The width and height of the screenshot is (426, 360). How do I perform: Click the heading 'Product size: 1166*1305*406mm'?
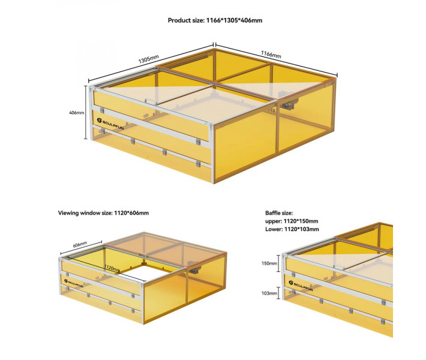[215, 20]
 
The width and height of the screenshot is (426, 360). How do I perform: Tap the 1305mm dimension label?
[148, 59]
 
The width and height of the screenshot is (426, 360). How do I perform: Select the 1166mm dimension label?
[271, 55]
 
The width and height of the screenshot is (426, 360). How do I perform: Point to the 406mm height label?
[77, 112]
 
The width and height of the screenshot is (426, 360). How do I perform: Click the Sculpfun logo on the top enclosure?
[110, 124]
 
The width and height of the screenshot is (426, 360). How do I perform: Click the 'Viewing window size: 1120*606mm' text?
[103, 213]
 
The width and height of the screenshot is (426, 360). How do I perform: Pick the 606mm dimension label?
[80, 244]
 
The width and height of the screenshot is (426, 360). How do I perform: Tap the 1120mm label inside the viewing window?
[112, 268]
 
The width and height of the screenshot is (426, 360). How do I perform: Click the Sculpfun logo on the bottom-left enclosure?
[74, 283]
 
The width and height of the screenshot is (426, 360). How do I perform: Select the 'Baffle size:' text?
[279, 213]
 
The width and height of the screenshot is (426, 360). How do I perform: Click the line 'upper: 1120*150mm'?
[292, 221]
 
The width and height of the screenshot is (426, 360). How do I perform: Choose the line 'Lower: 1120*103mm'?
[292, 229]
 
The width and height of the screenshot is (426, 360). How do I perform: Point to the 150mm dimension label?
[269, 263]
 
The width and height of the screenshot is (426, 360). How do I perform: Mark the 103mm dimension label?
[269, 293]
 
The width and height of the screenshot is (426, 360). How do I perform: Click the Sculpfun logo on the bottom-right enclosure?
[301, 286]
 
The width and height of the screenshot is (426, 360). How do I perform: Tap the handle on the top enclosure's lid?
[151, 101]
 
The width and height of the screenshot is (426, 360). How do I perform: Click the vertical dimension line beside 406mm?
[86, 112]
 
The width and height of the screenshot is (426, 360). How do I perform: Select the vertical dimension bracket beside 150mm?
[278, 263]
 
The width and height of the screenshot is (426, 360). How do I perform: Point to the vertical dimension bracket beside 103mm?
[278, 293]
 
